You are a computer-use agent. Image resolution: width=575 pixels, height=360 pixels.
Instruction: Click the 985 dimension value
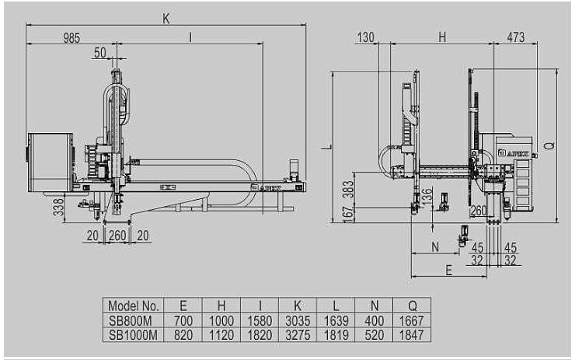(x=71, y=38)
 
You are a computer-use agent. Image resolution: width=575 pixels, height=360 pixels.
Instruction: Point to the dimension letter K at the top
(x=166, y=19)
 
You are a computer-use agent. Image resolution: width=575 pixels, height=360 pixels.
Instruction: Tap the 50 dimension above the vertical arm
(x=100, y=52)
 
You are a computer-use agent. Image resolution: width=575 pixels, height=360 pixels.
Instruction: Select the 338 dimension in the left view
(x=59, y=208)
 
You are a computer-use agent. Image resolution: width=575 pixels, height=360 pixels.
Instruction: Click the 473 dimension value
(x=516, y=37)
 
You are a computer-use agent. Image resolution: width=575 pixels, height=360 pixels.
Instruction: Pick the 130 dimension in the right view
(x=366, y=37)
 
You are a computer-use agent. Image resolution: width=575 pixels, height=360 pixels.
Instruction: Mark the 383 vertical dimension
(x=349, y=190)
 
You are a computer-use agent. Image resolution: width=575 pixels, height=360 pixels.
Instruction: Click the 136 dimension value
(x=427, y=197)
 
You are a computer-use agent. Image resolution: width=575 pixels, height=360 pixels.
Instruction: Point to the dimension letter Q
(x=549, y=145)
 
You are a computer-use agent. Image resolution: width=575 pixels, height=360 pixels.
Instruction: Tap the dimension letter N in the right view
(x=435, y=247)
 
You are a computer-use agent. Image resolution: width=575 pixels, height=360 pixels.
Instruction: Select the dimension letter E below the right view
(x=449, y=270)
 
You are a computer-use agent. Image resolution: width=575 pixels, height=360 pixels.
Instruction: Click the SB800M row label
(x=131, y=320)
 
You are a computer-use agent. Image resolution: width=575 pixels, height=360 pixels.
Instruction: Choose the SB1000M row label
(x=133, y=335)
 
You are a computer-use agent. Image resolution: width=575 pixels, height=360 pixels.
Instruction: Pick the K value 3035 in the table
(x=298, y=320)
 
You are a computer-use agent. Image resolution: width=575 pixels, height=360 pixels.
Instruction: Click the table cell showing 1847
(x=412, y=335)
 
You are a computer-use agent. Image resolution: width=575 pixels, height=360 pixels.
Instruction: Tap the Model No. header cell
(x=134, y=306)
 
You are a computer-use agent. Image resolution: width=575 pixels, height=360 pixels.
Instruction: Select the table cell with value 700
(x=183, y=320)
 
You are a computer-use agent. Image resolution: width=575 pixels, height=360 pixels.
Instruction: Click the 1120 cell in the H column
(x=221, y=335)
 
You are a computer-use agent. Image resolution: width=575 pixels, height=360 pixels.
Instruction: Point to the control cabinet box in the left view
(x=51, y=163)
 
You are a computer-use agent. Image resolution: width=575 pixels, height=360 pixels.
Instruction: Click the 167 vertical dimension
(x=349, y=214)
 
